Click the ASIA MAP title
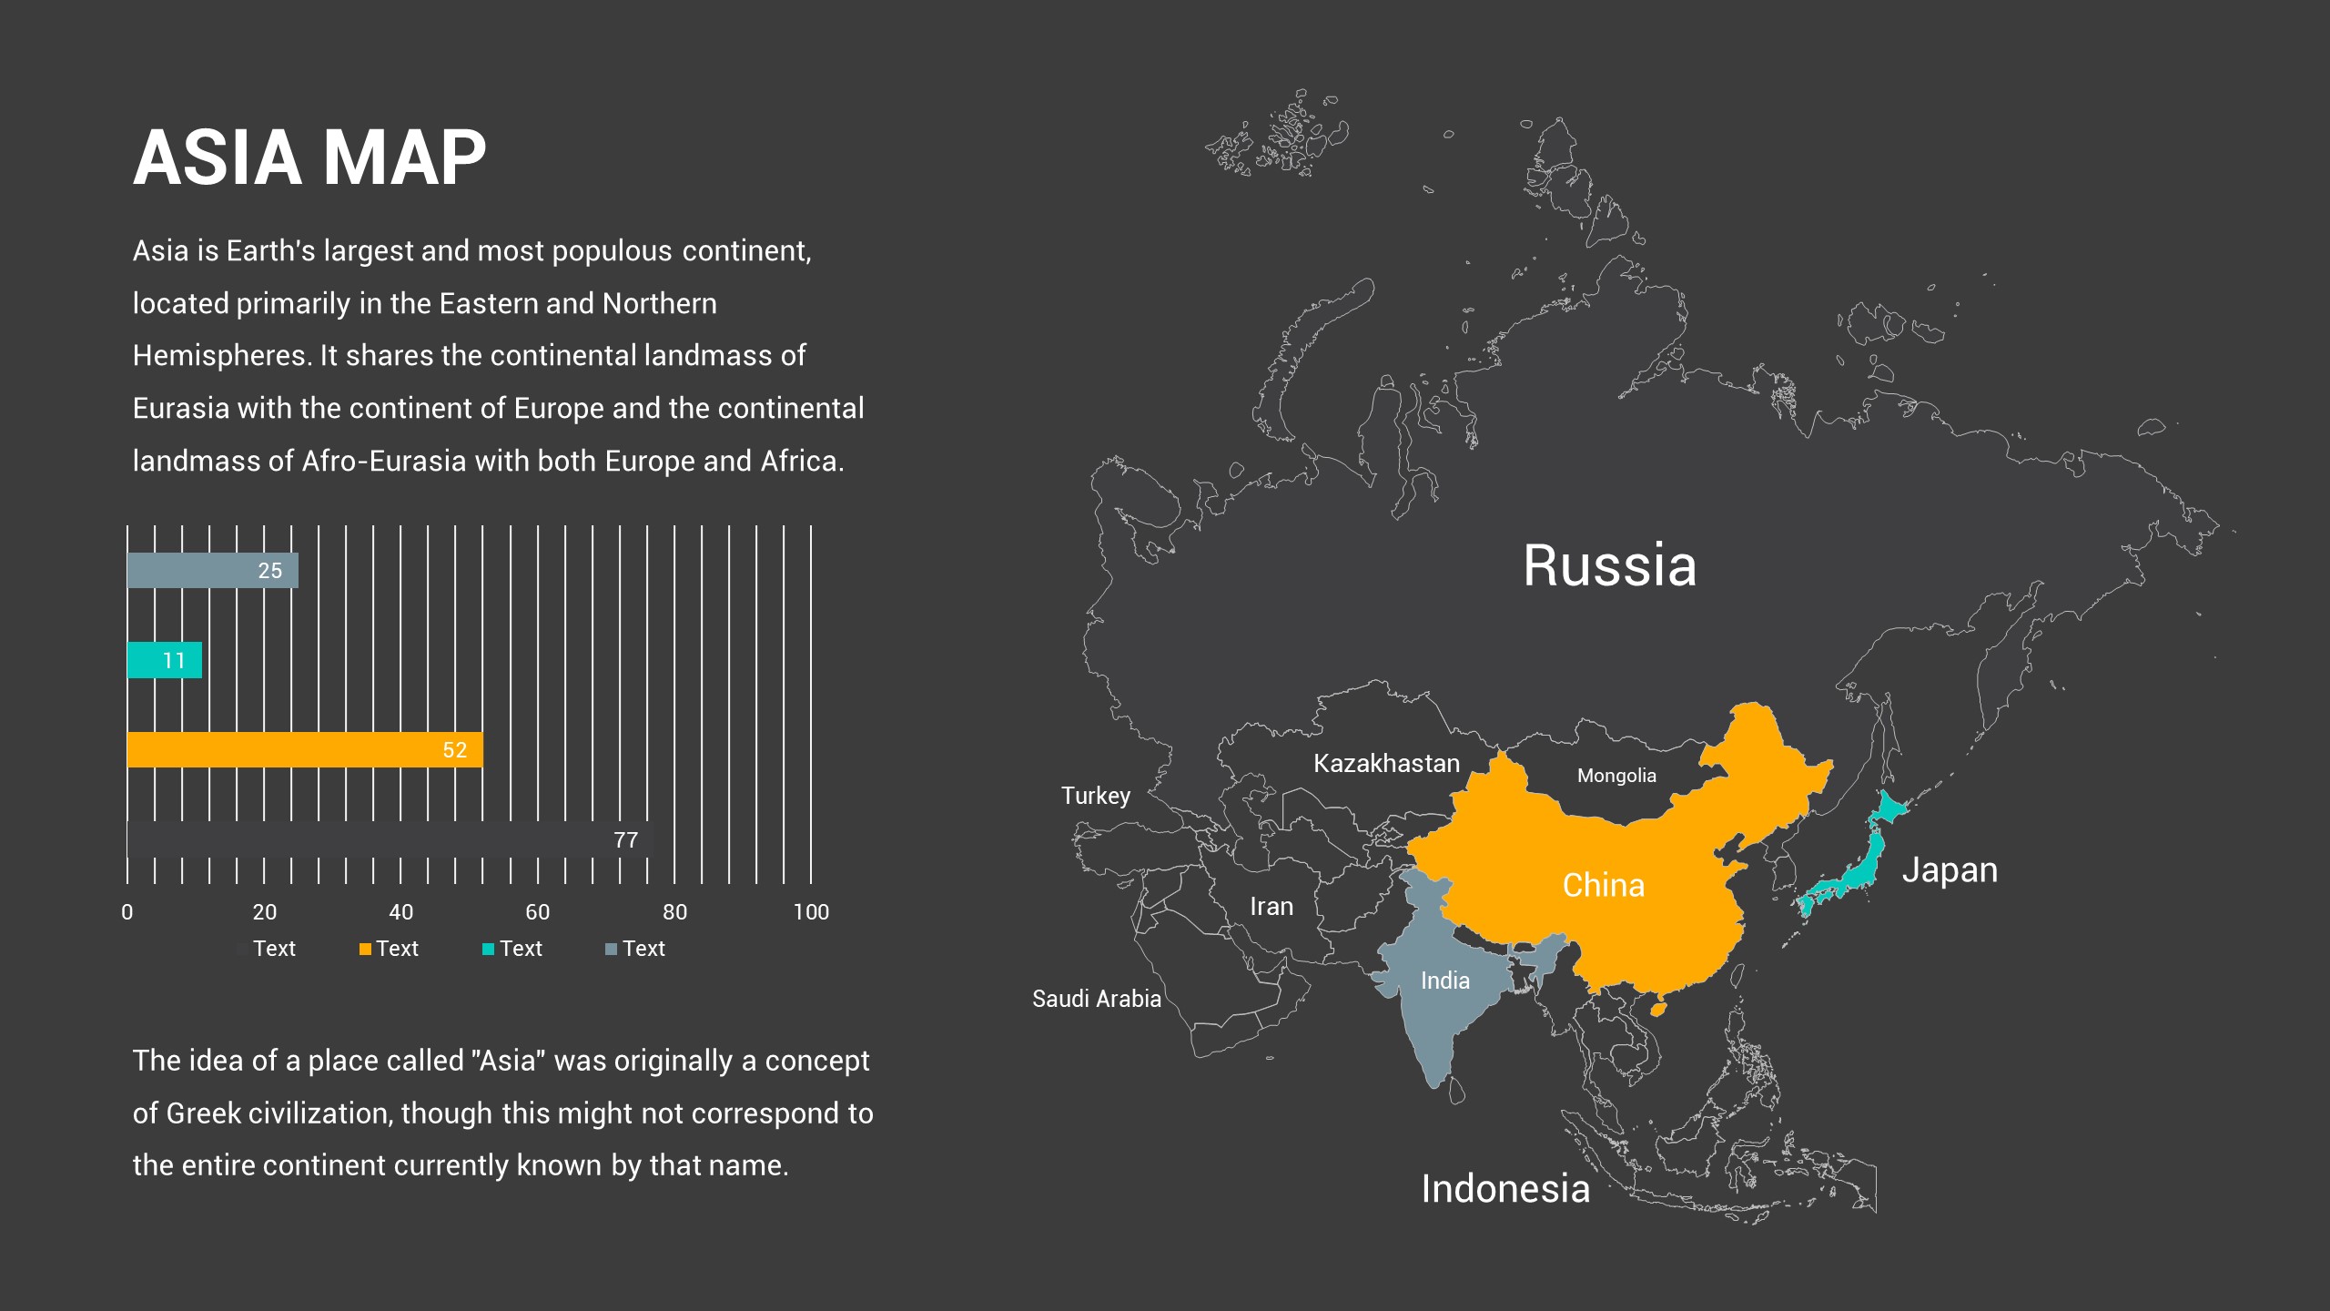(309, 158)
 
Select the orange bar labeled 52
(304, 750)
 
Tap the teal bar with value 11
(164, 660)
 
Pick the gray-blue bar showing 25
(212, 571)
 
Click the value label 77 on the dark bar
(625, 840)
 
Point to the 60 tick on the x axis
(537, 912)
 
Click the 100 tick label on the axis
(810, 912)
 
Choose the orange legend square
(365, 950)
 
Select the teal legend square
(488, 950)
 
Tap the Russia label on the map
(1609, 565)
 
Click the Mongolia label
(1616, 776)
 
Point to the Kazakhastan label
(1386, 764)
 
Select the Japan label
(1950, 870)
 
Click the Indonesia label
(1505, 1189)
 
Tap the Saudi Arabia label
(1096, 999)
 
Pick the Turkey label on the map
(1095, 796)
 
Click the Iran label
(1271, 907)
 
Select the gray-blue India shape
(1438, 1011)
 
